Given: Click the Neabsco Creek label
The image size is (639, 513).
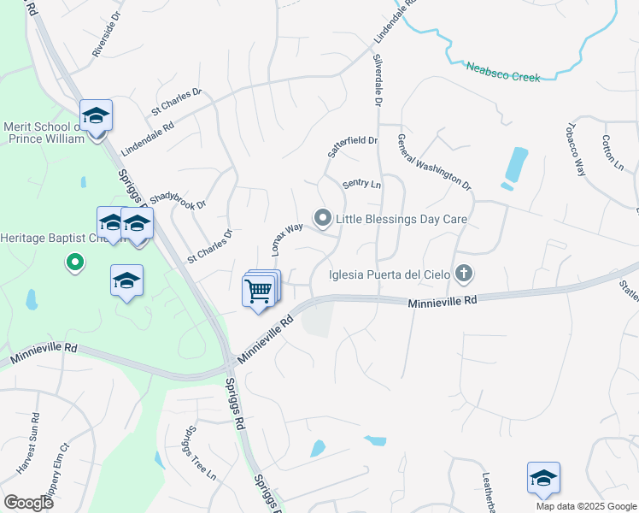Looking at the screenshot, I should (503, 71).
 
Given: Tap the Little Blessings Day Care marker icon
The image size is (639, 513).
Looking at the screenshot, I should (323, 219).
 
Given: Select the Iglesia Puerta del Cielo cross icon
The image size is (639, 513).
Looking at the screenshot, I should (464, 274).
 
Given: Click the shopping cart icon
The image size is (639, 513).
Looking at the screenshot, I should (259, 291).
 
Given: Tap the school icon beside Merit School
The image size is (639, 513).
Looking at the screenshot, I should (97, 116).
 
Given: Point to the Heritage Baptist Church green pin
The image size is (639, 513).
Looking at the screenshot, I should (75, 262).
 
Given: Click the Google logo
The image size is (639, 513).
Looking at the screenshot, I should (28, 503).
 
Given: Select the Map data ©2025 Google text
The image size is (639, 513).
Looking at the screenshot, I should (586, 506).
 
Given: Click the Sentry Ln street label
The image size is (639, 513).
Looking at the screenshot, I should (361, 184).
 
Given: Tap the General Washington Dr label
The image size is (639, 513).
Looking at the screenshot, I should (434, 161).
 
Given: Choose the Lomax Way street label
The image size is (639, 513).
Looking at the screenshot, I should (288, 240).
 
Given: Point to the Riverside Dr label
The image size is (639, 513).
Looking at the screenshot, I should (108, 39).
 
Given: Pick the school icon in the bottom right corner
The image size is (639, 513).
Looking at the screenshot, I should (542, 480).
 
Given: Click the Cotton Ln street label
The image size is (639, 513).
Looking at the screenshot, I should (613, 150).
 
